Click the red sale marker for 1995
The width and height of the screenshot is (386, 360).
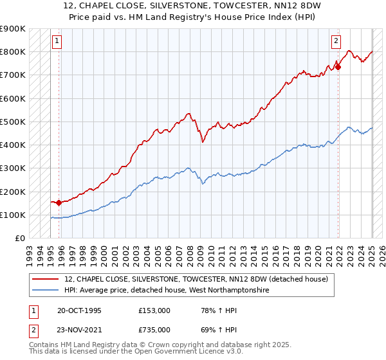pyautogui.click(x=59, y=203)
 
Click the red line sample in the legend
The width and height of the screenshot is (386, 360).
pyautogui.click(x=46, y=279)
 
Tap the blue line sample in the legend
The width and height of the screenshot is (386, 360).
pyautogui.click(x=46, y=291)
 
